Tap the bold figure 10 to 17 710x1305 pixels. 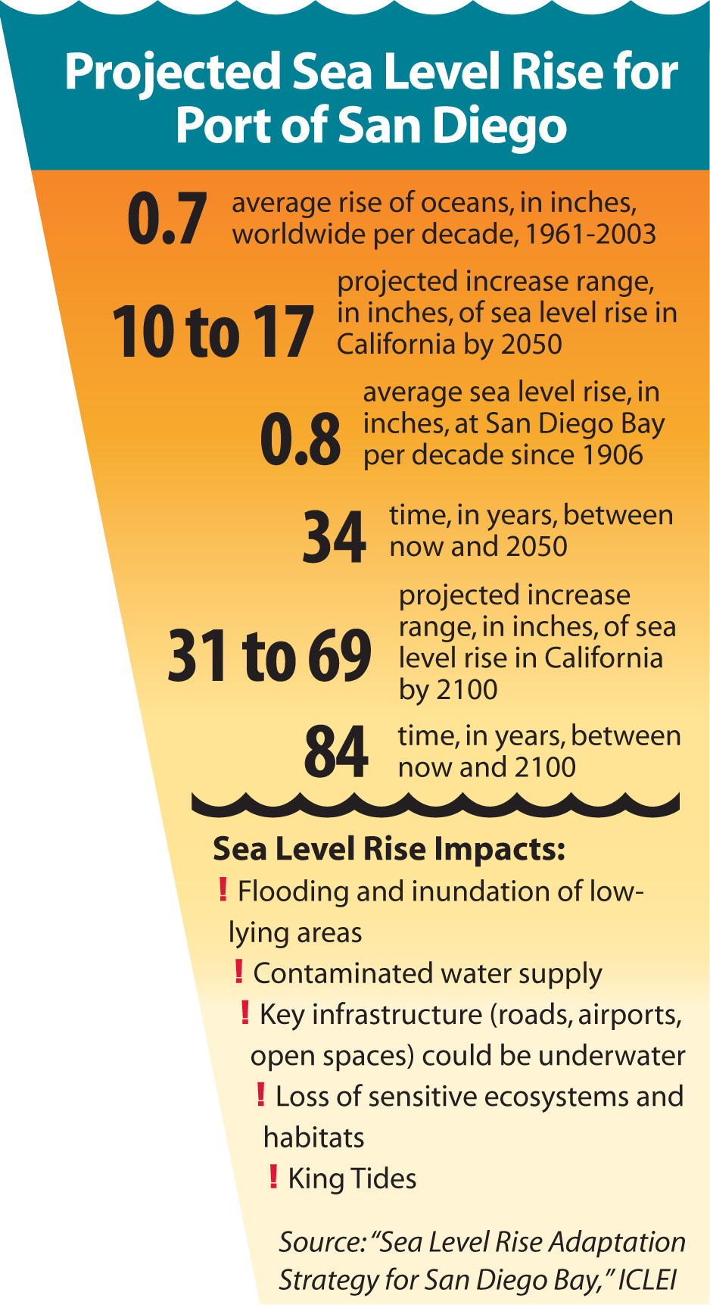pos(213,332)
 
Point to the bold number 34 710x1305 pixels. pos(335,537)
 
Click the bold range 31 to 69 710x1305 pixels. pos(269,655)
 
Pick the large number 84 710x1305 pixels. pos(336,752)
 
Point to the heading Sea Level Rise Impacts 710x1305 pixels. pos(389,849)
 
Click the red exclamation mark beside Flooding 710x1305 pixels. pos(223,889)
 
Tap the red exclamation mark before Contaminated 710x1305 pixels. pos(238,971)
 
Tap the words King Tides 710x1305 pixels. pos(352,1179)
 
